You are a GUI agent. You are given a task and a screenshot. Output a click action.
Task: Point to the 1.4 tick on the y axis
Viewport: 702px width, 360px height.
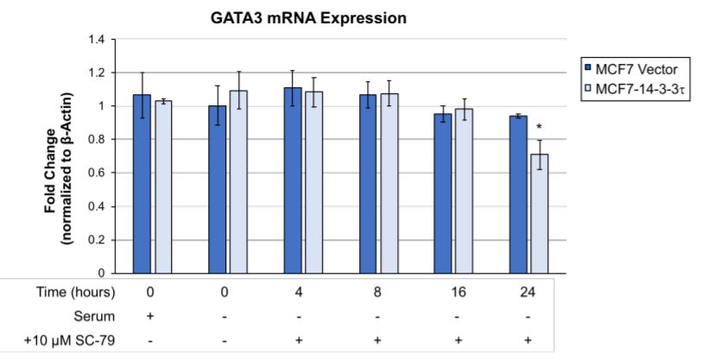click(x=96, y=40)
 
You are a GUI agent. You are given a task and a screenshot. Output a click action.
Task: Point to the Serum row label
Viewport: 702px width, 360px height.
click(x=98, y=316)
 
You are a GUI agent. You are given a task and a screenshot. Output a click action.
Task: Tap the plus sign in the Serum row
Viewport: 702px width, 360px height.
click(x=151, y=316)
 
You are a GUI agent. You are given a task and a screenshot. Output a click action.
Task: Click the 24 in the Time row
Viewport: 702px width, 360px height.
click(x=528, y=292)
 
